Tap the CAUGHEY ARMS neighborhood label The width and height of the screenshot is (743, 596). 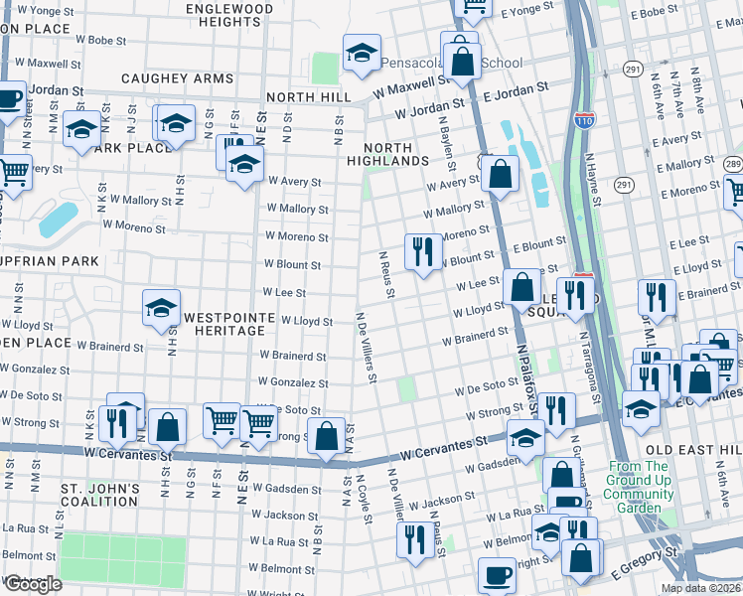click(x=177, y=78)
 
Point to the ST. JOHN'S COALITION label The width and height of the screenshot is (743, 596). click(x=99, y=496)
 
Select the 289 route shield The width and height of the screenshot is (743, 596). click(x=732, y=164)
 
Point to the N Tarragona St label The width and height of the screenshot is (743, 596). click(x=589, y=369)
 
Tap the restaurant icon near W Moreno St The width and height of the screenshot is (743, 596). click(x=424, y=253)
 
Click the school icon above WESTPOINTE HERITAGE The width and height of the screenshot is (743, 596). click(x=161, y=308)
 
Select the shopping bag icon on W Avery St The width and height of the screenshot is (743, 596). click(x=500, y=174)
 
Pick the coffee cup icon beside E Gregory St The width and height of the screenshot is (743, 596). click(x=496, y=574)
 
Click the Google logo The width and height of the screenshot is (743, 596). click(x=33, y=584)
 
